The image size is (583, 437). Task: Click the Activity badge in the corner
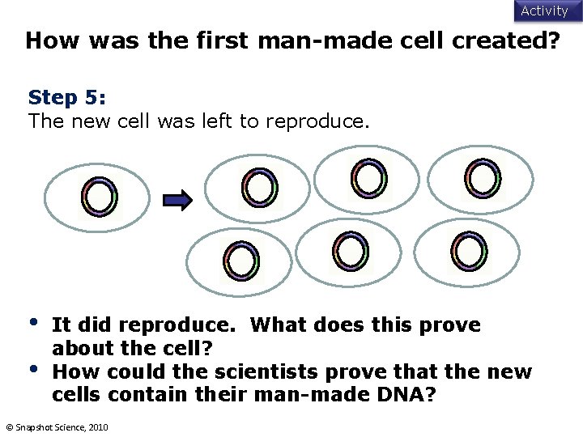click(544, 11)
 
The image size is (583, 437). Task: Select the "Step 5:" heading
click(67, 98)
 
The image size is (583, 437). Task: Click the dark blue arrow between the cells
click(177, 198)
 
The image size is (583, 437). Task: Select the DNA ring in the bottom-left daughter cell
click(241, 261)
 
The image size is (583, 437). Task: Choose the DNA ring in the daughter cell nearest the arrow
click(260, 189)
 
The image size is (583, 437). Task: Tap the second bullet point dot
click(33, 369)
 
